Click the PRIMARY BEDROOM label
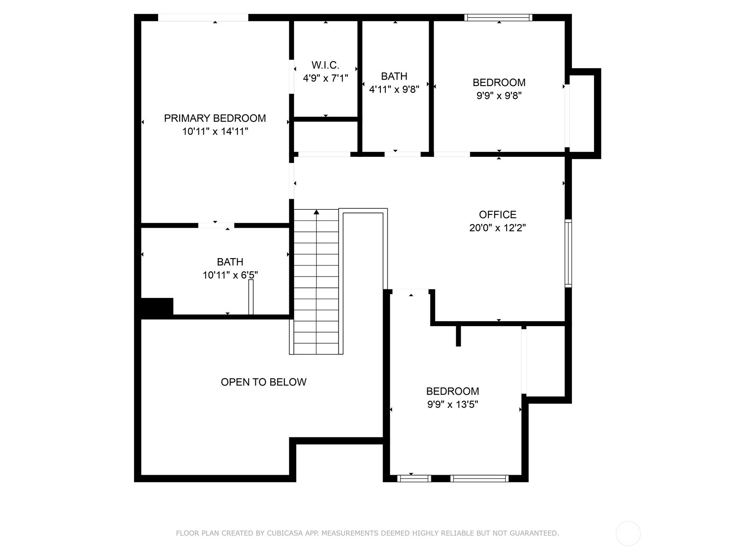[x=215, y=118]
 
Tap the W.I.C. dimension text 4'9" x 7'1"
[x=325, y=78]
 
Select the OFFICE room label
[x=498, y=214]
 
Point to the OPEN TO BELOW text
[x=263, y=382]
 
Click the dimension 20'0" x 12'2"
[x=498, y=228]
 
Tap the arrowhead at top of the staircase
[x=317, y=212]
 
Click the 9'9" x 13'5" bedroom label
[x=452, y=391]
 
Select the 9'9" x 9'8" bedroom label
[x=499, y=83]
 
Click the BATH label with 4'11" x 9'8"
[x=394, y=76]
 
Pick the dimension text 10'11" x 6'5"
[x=230, y=275]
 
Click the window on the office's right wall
[x=568, y=253]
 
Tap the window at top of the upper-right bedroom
[x=498, y=17]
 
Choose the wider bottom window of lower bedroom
[x=479, y=478]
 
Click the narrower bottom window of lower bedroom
[x=414, y=478]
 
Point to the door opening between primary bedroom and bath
[x=216, y=225]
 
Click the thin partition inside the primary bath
[x=251, y=297]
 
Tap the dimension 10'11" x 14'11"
[x=215, y=132]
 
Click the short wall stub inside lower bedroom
[x=458, y=336]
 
